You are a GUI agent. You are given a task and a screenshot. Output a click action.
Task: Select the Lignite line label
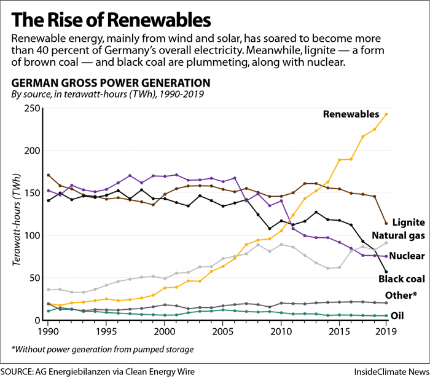(x=408, y=222)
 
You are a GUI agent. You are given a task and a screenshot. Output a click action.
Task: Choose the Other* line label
(x=402, y=296)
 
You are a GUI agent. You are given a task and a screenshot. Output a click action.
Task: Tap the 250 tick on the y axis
(x=33, y=109)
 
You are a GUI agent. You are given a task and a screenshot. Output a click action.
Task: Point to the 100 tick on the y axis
(x=33, y=235)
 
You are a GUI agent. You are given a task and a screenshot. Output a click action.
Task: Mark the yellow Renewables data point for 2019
(x=386, y=114)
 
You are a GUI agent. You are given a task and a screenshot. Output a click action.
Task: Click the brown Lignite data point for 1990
(x=49, y=175)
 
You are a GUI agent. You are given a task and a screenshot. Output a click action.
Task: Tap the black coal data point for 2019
(x=386, y=272)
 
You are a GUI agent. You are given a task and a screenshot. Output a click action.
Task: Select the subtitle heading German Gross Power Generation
(x=111, y=83)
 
